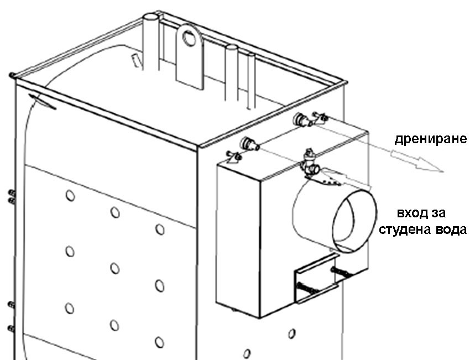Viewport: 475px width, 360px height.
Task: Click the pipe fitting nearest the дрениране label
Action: pyautogui.click(x=304, y=119)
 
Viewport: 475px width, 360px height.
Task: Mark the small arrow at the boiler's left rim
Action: pyautogui.click(x=43, y=101)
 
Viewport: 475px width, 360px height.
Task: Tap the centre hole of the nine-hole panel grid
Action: pyautogui.click(x=115, y=268)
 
